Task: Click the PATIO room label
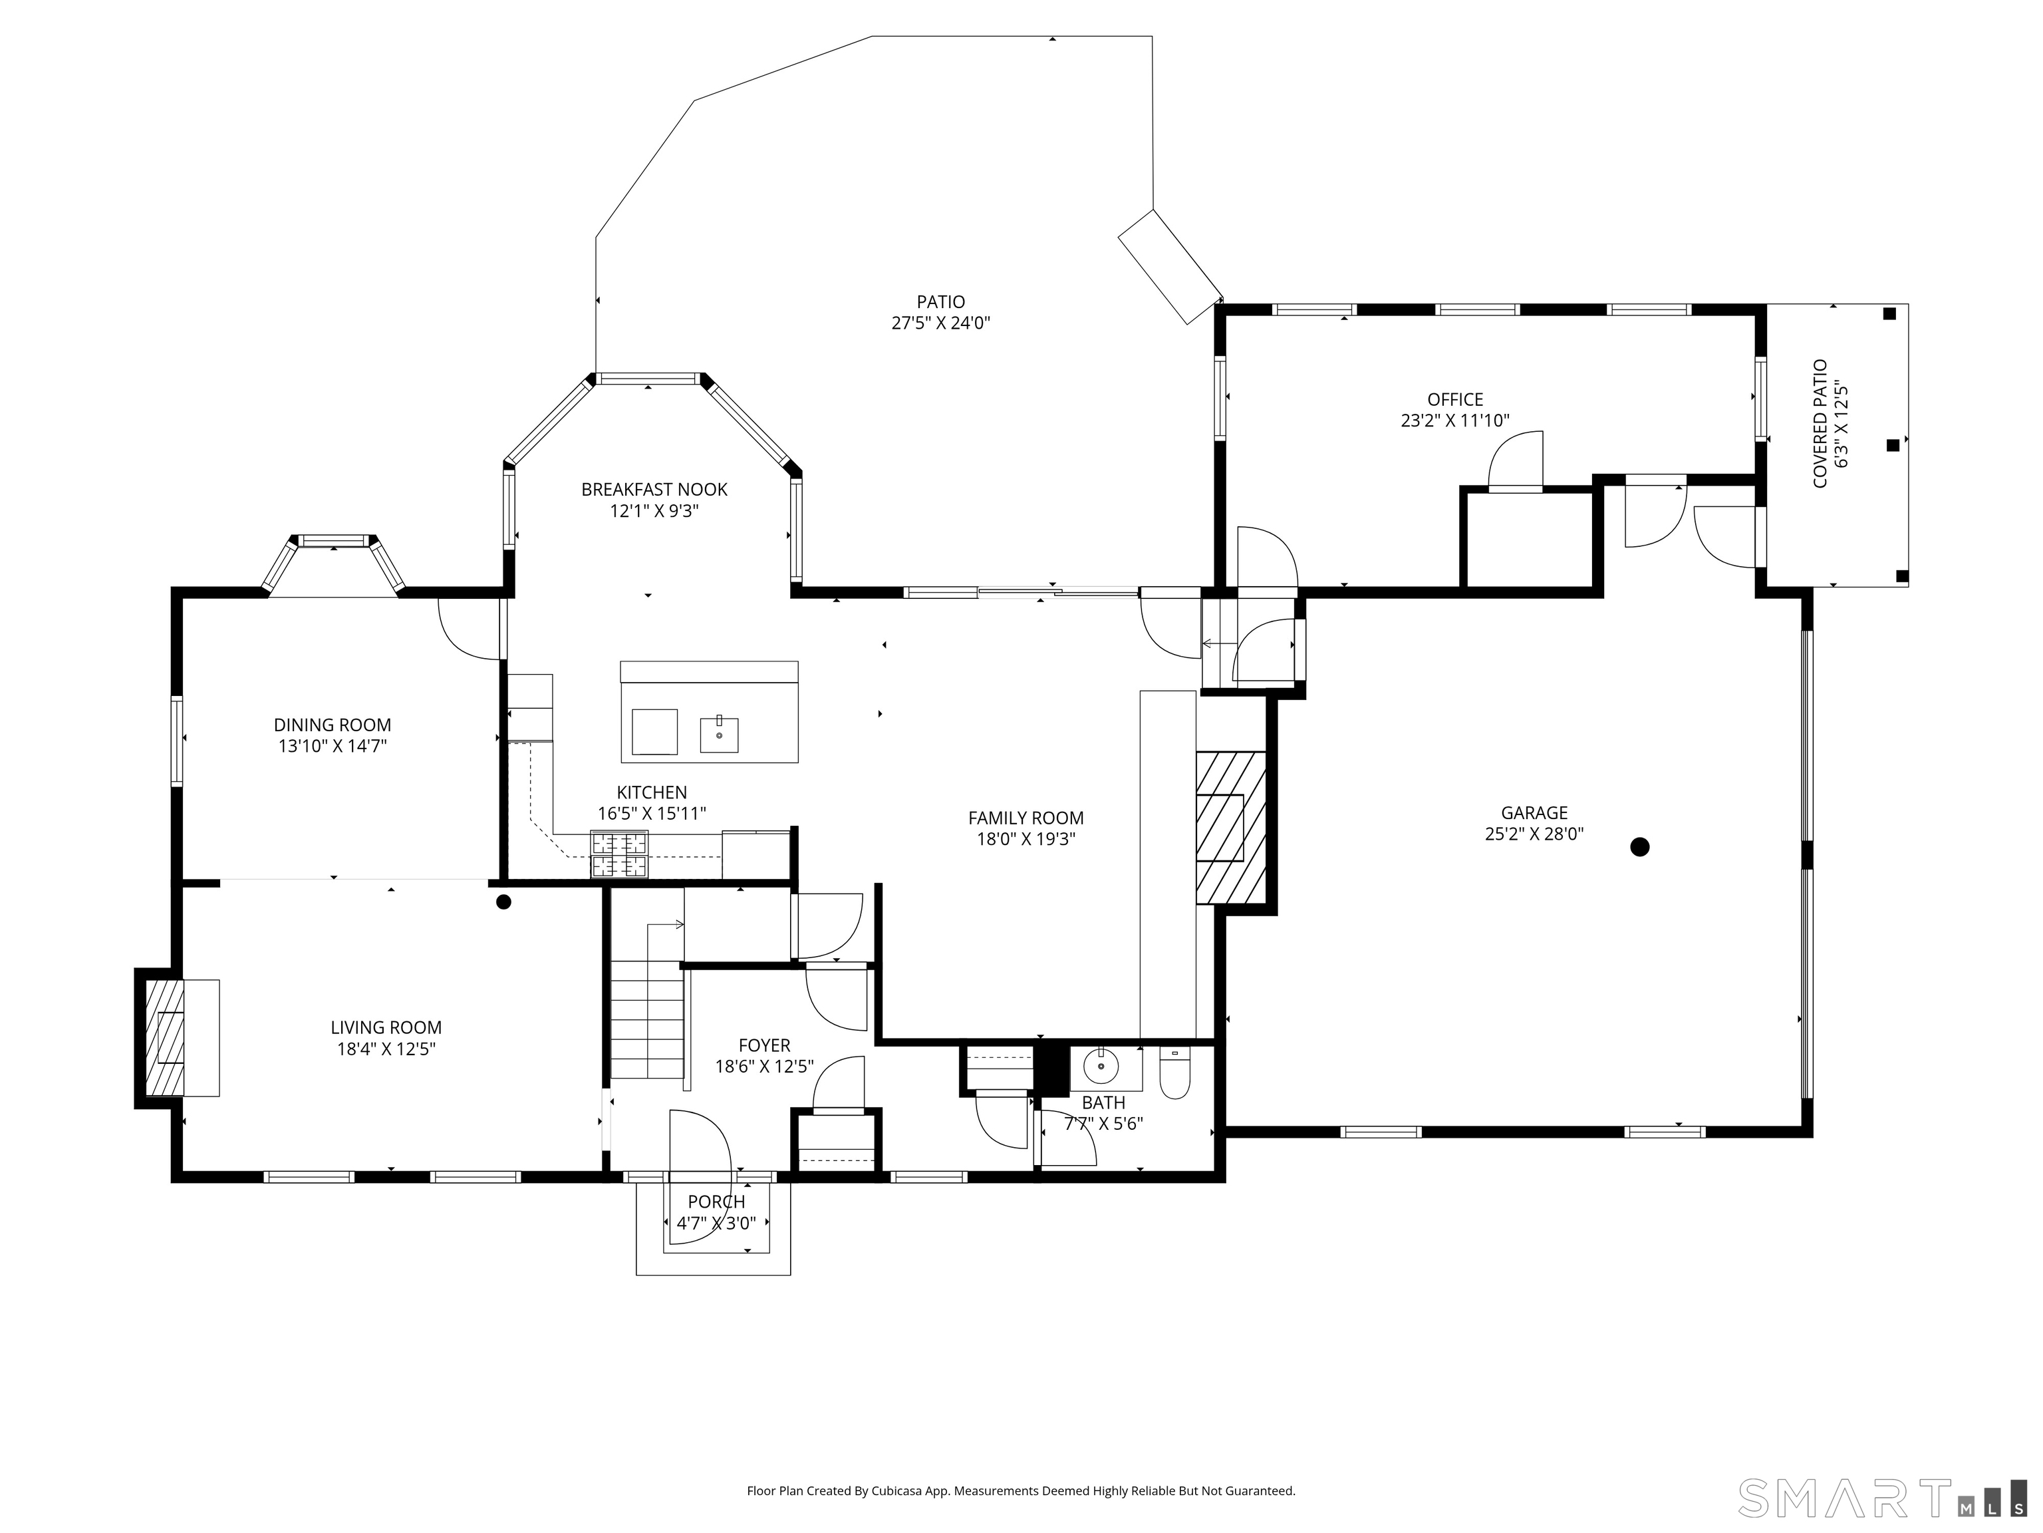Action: click(x=940, y=301)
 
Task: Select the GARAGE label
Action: click(x=1534, y=812)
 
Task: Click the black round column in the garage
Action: click(x=1639, y=846)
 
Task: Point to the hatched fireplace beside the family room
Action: click(x=1230, y=827)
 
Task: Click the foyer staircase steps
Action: click(x=648, y=1018)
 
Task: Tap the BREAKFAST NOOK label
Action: click(x=654, y=490)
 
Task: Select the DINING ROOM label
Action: click(x=333, y=725)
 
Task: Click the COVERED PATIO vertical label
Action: click(x=1820, y=423)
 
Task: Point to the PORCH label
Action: click(x=717, y=1201)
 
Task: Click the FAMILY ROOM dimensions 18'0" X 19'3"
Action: click(x=1026, y=839)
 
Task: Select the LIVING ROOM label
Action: click(x=386, y=1027)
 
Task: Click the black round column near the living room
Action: click(x=503, y=902)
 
